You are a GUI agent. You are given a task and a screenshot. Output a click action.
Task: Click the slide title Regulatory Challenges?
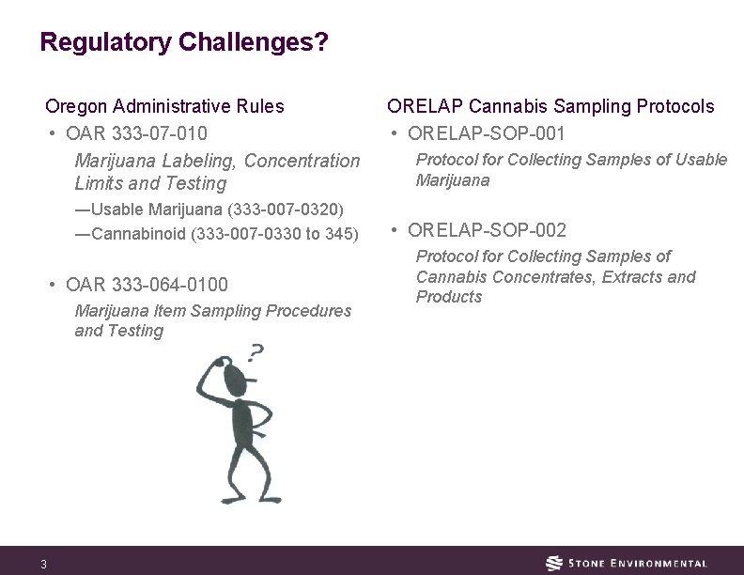tap(184, 43)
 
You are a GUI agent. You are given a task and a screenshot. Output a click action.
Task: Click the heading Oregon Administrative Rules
tap(165, 107)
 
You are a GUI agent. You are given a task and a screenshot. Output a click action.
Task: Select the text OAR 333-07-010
tap(140, 133)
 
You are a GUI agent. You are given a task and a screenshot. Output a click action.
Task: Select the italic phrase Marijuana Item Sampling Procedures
tap(213, 311)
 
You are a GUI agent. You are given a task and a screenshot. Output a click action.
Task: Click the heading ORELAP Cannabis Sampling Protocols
tap(551, 107)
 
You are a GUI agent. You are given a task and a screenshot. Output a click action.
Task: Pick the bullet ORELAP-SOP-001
tap(487, 133)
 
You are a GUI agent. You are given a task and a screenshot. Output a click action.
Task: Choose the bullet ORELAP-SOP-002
tap(488, 230)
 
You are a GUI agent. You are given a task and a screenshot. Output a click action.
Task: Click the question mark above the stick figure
tap(255, 354)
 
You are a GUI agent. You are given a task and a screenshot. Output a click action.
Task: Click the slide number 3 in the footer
tap(43, 564)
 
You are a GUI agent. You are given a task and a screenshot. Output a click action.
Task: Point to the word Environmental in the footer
tap(659, 564)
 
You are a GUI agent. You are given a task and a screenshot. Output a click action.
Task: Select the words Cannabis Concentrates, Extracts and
tap(555, 277)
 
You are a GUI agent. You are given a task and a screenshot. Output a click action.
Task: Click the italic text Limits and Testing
tap(150, 183)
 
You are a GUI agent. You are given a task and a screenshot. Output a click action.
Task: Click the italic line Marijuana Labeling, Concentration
tap(216, 161)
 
